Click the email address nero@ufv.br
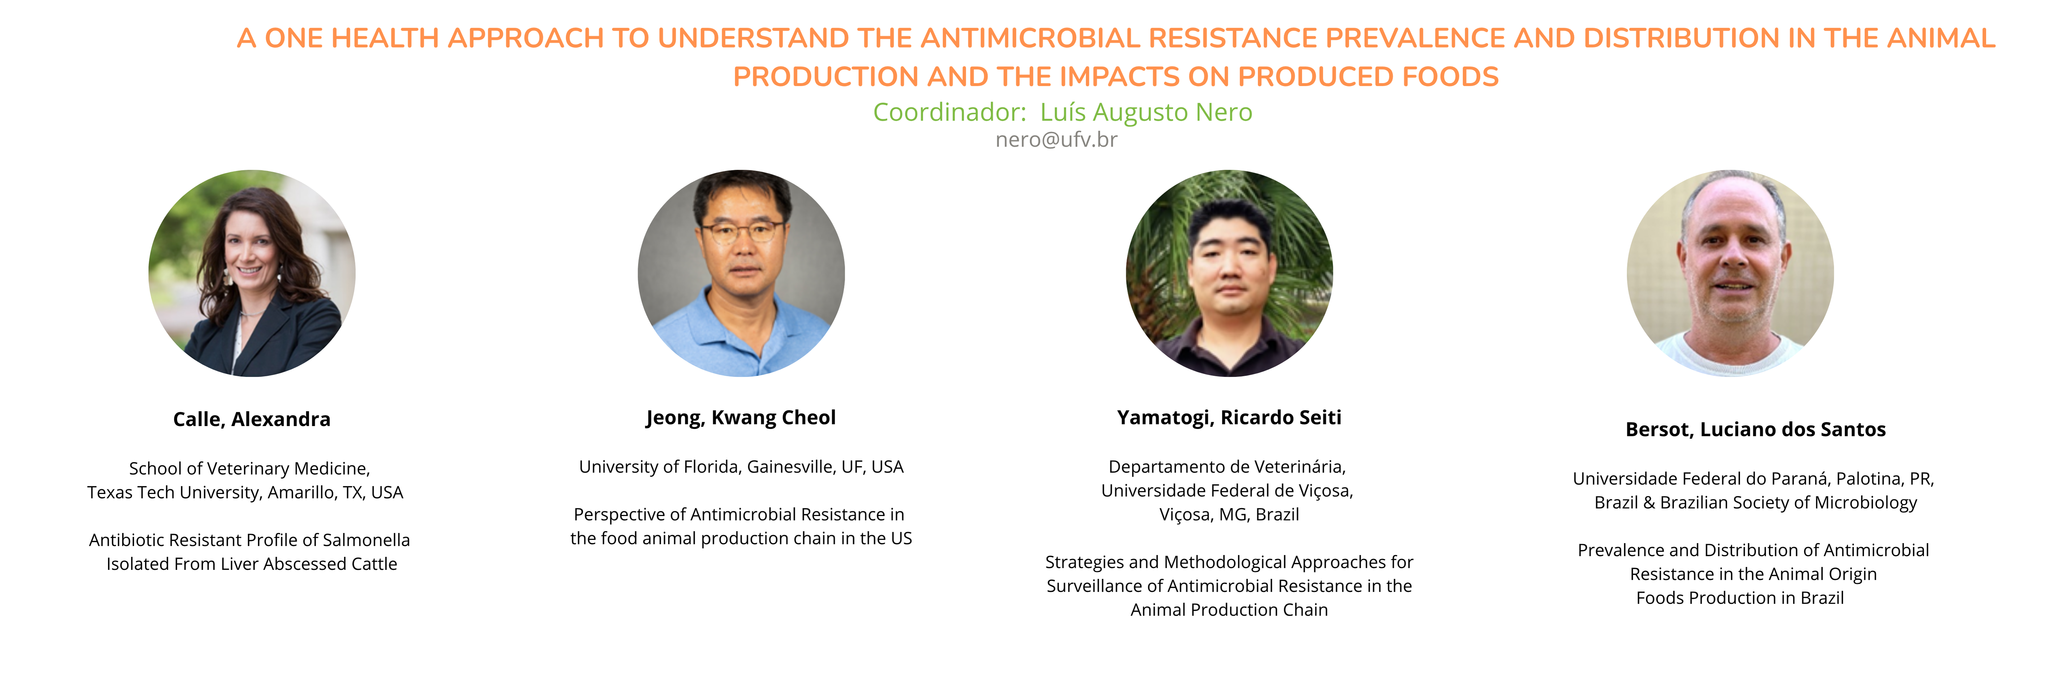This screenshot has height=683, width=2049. pos(1056,140)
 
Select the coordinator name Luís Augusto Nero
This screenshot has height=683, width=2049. pos(1146,112)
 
